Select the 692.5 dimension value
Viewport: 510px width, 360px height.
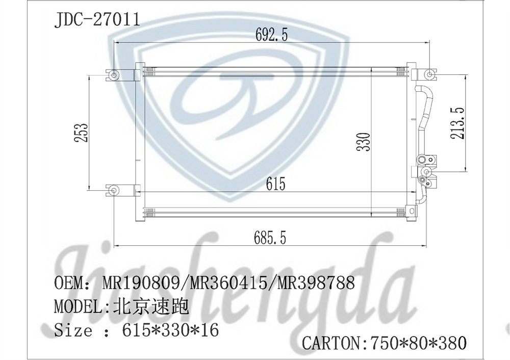pos(271,35)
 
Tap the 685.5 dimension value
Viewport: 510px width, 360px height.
pos(270,238)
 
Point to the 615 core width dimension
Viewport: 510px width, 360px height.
pos(275,184)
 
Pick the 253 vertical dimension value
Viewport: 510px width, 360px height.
pos(81,133)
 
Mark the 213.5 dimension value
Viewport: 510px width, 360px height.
pos(457,123)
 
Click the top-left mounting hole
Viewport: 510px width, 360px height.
pos(114,75)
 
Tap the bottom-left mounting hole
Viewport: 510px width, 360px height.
pos(114,191)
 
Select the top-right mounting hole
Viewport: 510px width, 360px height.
pos(429,75)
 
